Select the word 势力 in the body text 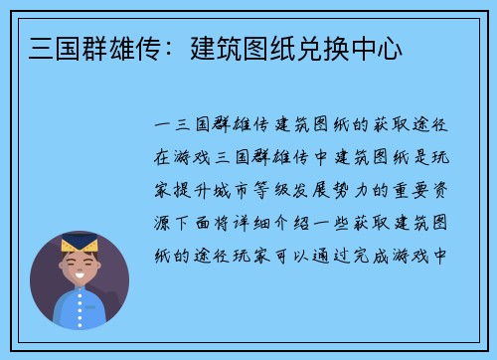click(355, 189)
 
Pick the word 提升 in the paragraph click(194, 189)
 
